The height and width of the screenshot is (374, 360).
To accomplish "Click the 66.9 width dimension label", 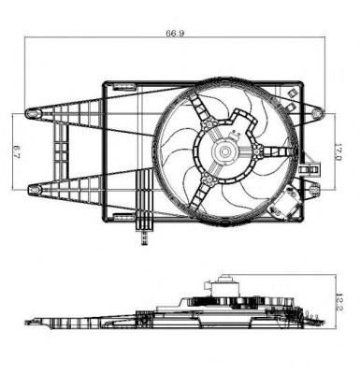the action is (x=175, y=33).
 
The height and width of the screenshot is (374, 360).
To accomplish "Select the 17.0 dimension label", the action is (x=338, y=151).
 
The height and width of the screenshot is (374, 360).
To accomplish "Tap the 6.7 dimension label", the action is (x=17, y=151).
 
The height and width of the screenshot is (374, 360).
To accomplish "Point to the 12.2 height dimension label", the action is (x=339, y=301).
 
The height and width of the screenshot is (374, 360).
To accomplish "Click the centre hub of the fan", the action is (x=224, y=151).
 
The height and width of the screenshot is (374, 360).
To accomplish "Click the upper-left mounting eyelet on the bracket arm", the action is (x=32, y=113).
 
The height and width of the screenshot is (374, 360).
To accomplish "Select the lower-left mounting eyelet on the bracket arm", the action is (x=35, y=189).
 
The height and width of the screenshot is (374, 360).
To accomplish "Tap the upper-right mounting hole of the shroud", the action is (x=316, y=113).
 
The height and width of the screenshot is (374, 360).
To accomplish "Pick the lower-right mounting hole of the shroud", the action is (x=315, y=190).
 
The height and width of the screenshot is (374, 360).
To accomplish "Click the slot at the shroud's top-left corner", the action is (x=124, y=86).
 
